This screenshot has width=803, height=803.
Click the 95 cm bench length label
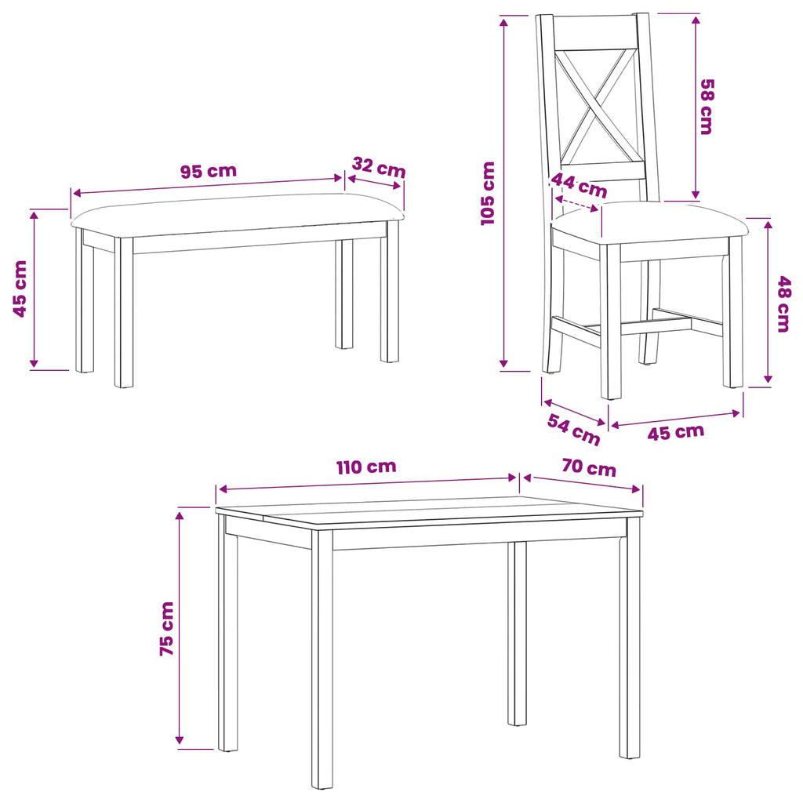[209, 170]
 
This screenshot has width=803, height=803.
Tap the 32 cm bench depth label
[379, 167]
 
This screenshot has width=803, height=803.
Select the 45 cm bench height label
[20, 289]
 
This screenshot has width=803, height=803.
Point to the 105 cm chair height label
[488, 193]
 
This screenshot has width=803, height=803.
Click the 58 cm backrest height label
[707, 107]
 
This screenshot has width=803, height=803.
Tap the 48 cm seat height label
[784, 304]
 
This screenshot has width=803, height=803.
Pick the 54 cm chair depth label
[573, 429]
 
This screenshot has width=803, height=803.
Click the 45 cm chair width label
[676, 432]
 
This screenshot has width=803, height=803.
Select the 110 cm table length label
[366, 467]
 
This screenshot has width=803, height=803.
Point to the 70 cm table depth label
[589, 467]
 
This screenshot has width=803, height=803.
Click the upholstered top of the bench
[237, 215]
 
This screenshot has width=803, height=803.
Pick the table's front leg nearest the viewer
[322, 658]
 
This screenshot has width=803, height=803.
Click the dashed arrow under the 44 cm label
[576, 203]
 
